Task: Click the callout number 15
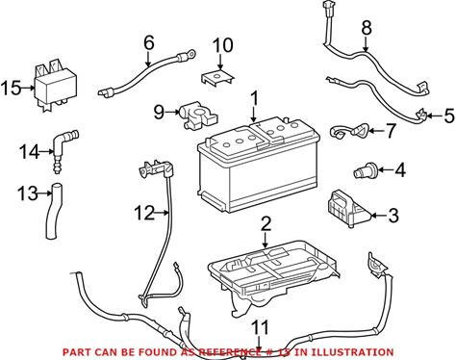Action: pos(11,88)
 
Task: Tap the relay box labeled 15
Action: pos(56,86)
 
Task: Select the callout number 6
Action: pos(148,42)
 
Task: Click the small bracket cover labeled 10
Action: pos(216,78)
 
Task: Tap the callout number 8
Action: pos(367,28)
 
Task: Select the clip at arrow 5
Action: pos(421,116)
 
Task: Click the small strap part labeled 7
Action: pos(348,132)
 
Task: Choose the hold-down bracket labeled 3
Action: pos(348,209)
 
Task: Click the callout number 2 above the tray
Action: pos(266,224)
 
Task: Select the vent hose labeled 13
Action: pos(54,210)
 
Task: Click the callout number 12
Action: pos(144,213)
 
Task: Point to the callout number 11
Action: pos(259,327)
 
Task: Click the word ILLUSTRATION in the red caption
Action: pos(352,352)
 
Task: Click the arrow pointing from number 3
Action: pos(378,216)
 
